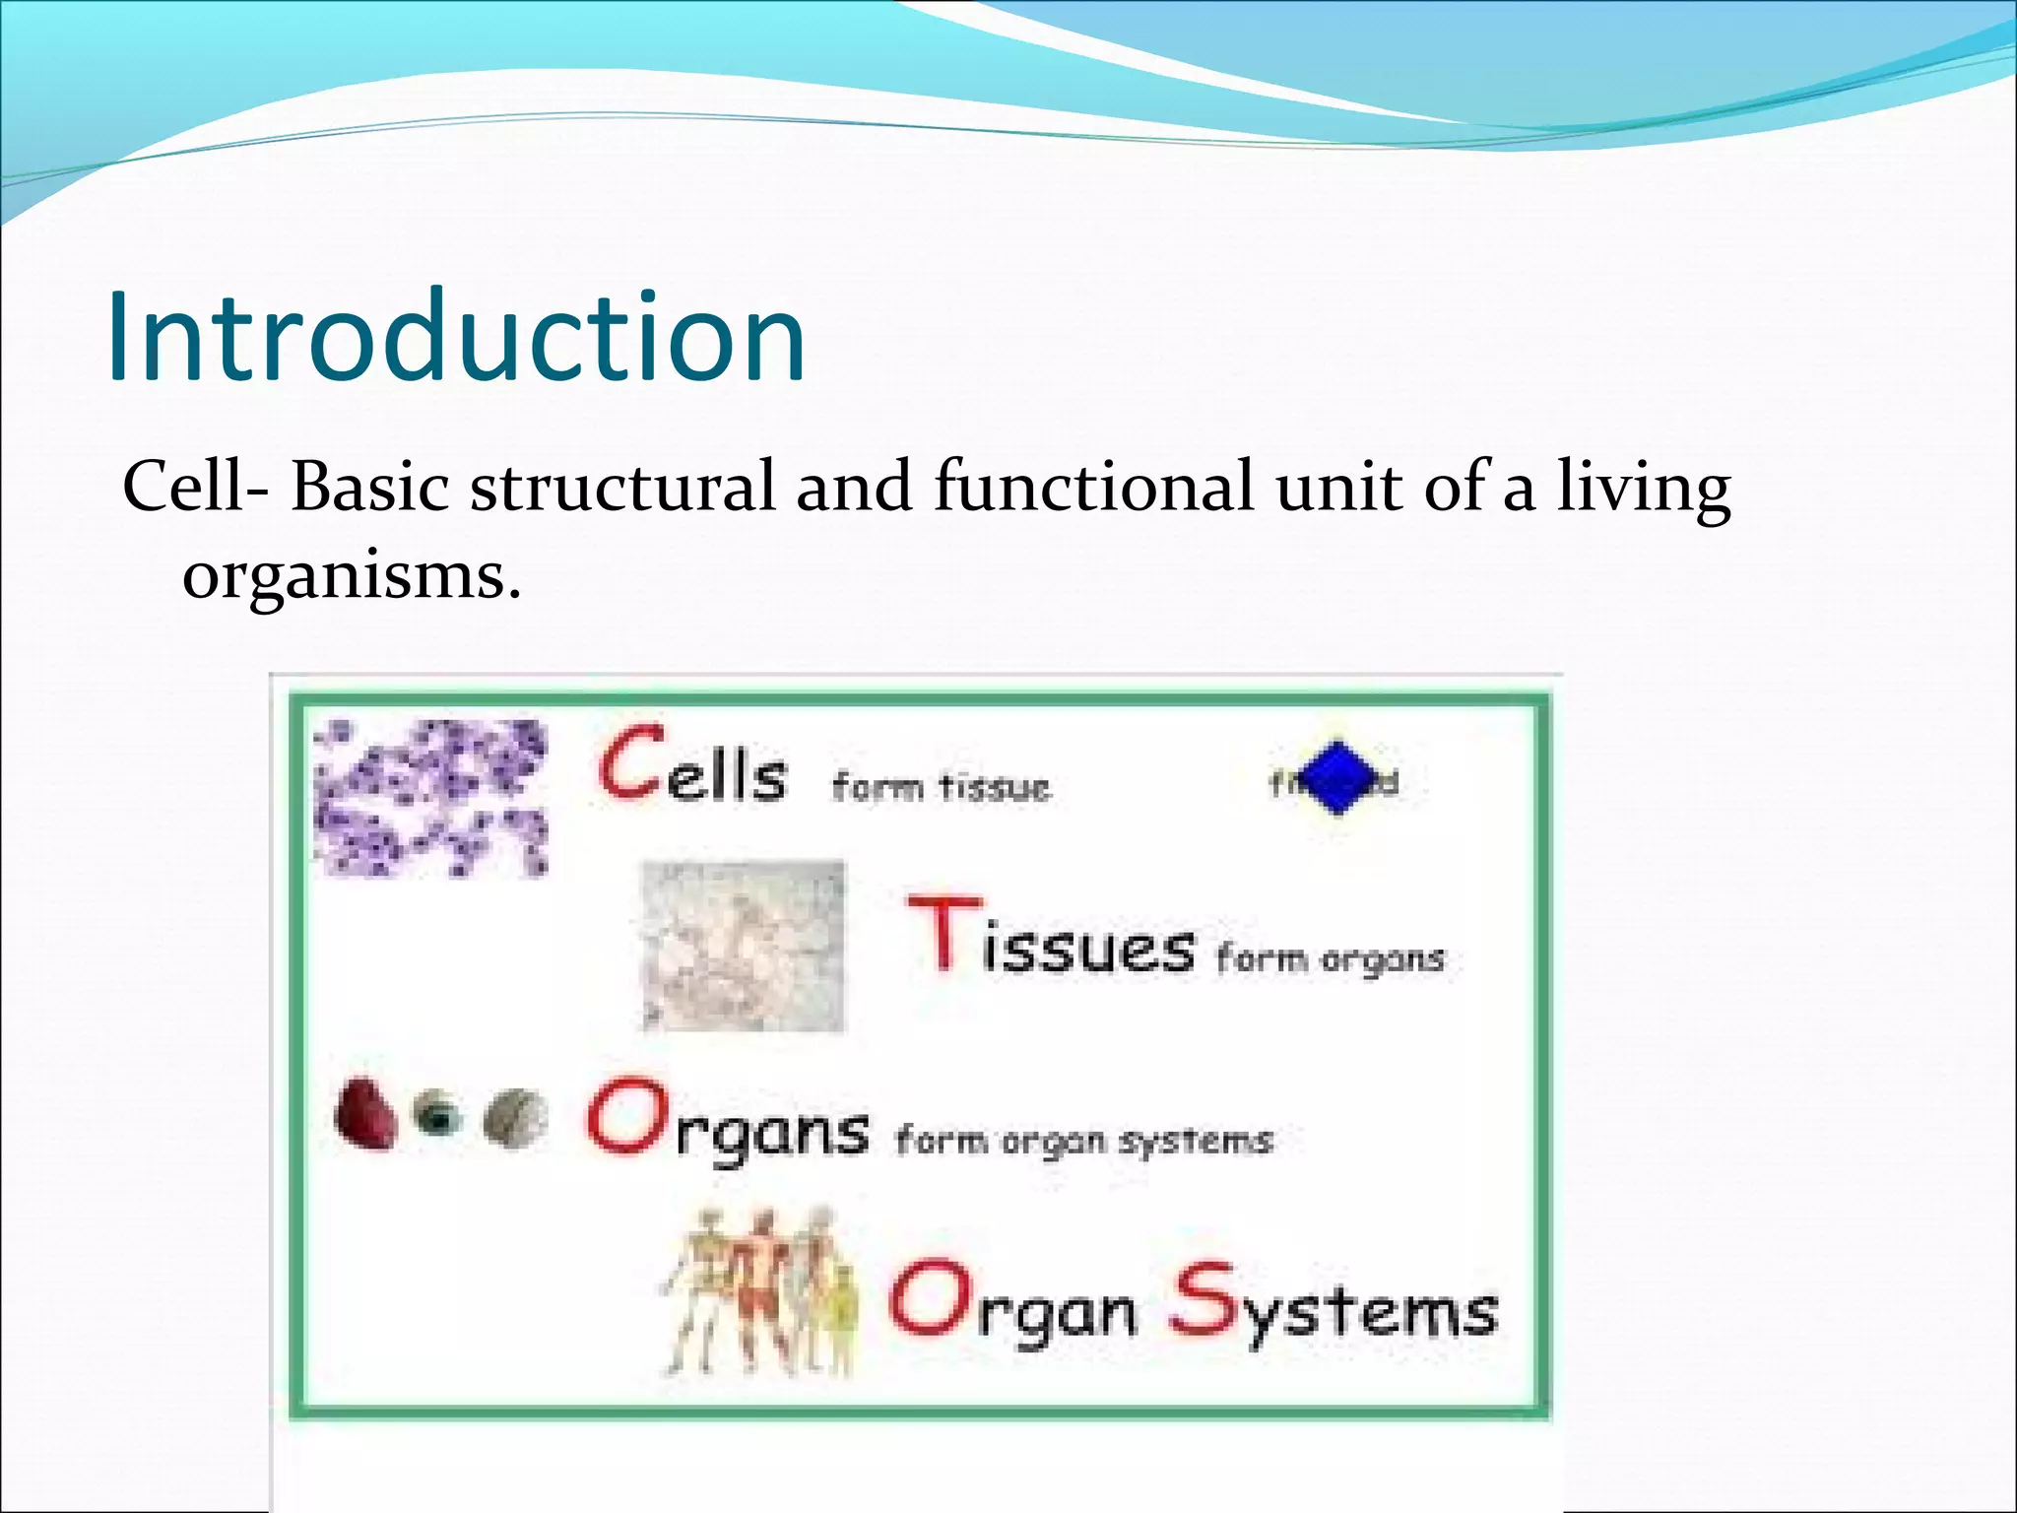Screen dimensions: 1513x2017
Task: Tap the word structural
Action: point(622,488)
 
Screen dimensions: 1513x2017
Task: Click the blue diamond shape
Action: point(1335,778)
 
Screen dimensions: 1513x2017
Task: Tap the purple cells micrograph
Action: point(430,798)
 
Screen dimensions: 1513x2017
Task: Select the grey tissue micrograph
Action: point(743,946)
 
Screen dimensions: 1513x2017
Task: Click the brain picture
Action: point(516,1119)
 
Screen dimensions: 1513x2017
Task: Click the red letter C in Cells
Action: point(631,762)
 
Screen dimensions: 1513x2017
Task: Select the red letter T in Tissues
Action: point(943,932)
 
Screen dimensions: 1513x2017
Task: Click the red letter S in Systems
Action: point(1204,1301)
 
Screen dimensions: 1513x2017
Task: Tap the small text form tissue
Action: point(942,787)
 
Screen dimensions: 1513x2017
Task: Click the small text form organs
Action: point(1330,958)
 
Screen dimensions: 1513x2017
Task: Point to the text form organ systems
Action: point(1083,1142)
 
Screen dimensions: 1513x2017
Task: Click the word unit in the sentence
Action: point(1337,488)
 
